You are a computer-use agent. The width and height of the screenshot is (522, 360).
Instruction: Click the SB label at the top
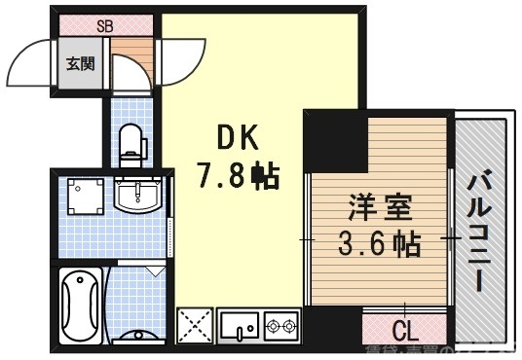coord(105,26)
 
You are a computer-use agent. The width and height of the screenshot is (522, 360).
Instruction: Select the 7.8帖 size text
coord(238,175)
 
